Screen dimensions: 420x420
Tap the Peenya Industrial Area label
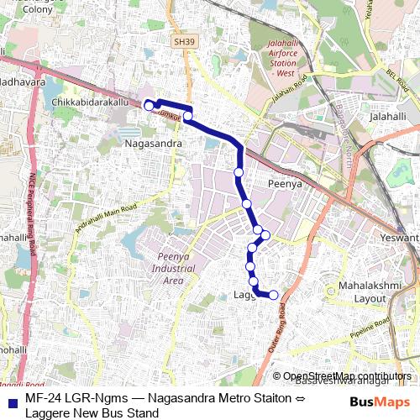173,268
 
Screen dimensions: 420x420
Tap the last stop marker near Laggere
272,294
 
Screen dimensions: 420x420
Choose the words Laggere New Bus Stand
92,412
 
